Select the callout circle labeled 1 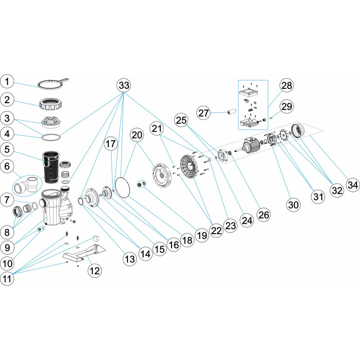[9, 81]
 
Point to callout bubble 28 [286, 85]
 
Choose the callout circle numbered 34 [352, 184]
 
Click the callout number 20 [137, 135]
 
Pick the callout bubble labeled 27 [204, 113]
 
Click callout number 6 [9, 166]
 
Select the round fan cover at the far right [299, 132]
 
